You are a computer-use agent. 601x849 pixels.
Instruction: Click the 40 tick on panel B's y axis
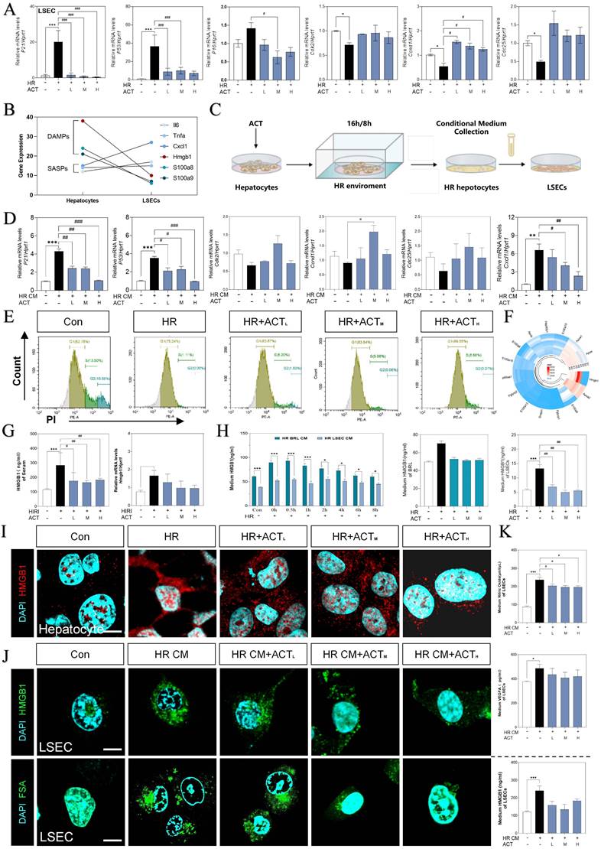point(25,116)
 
